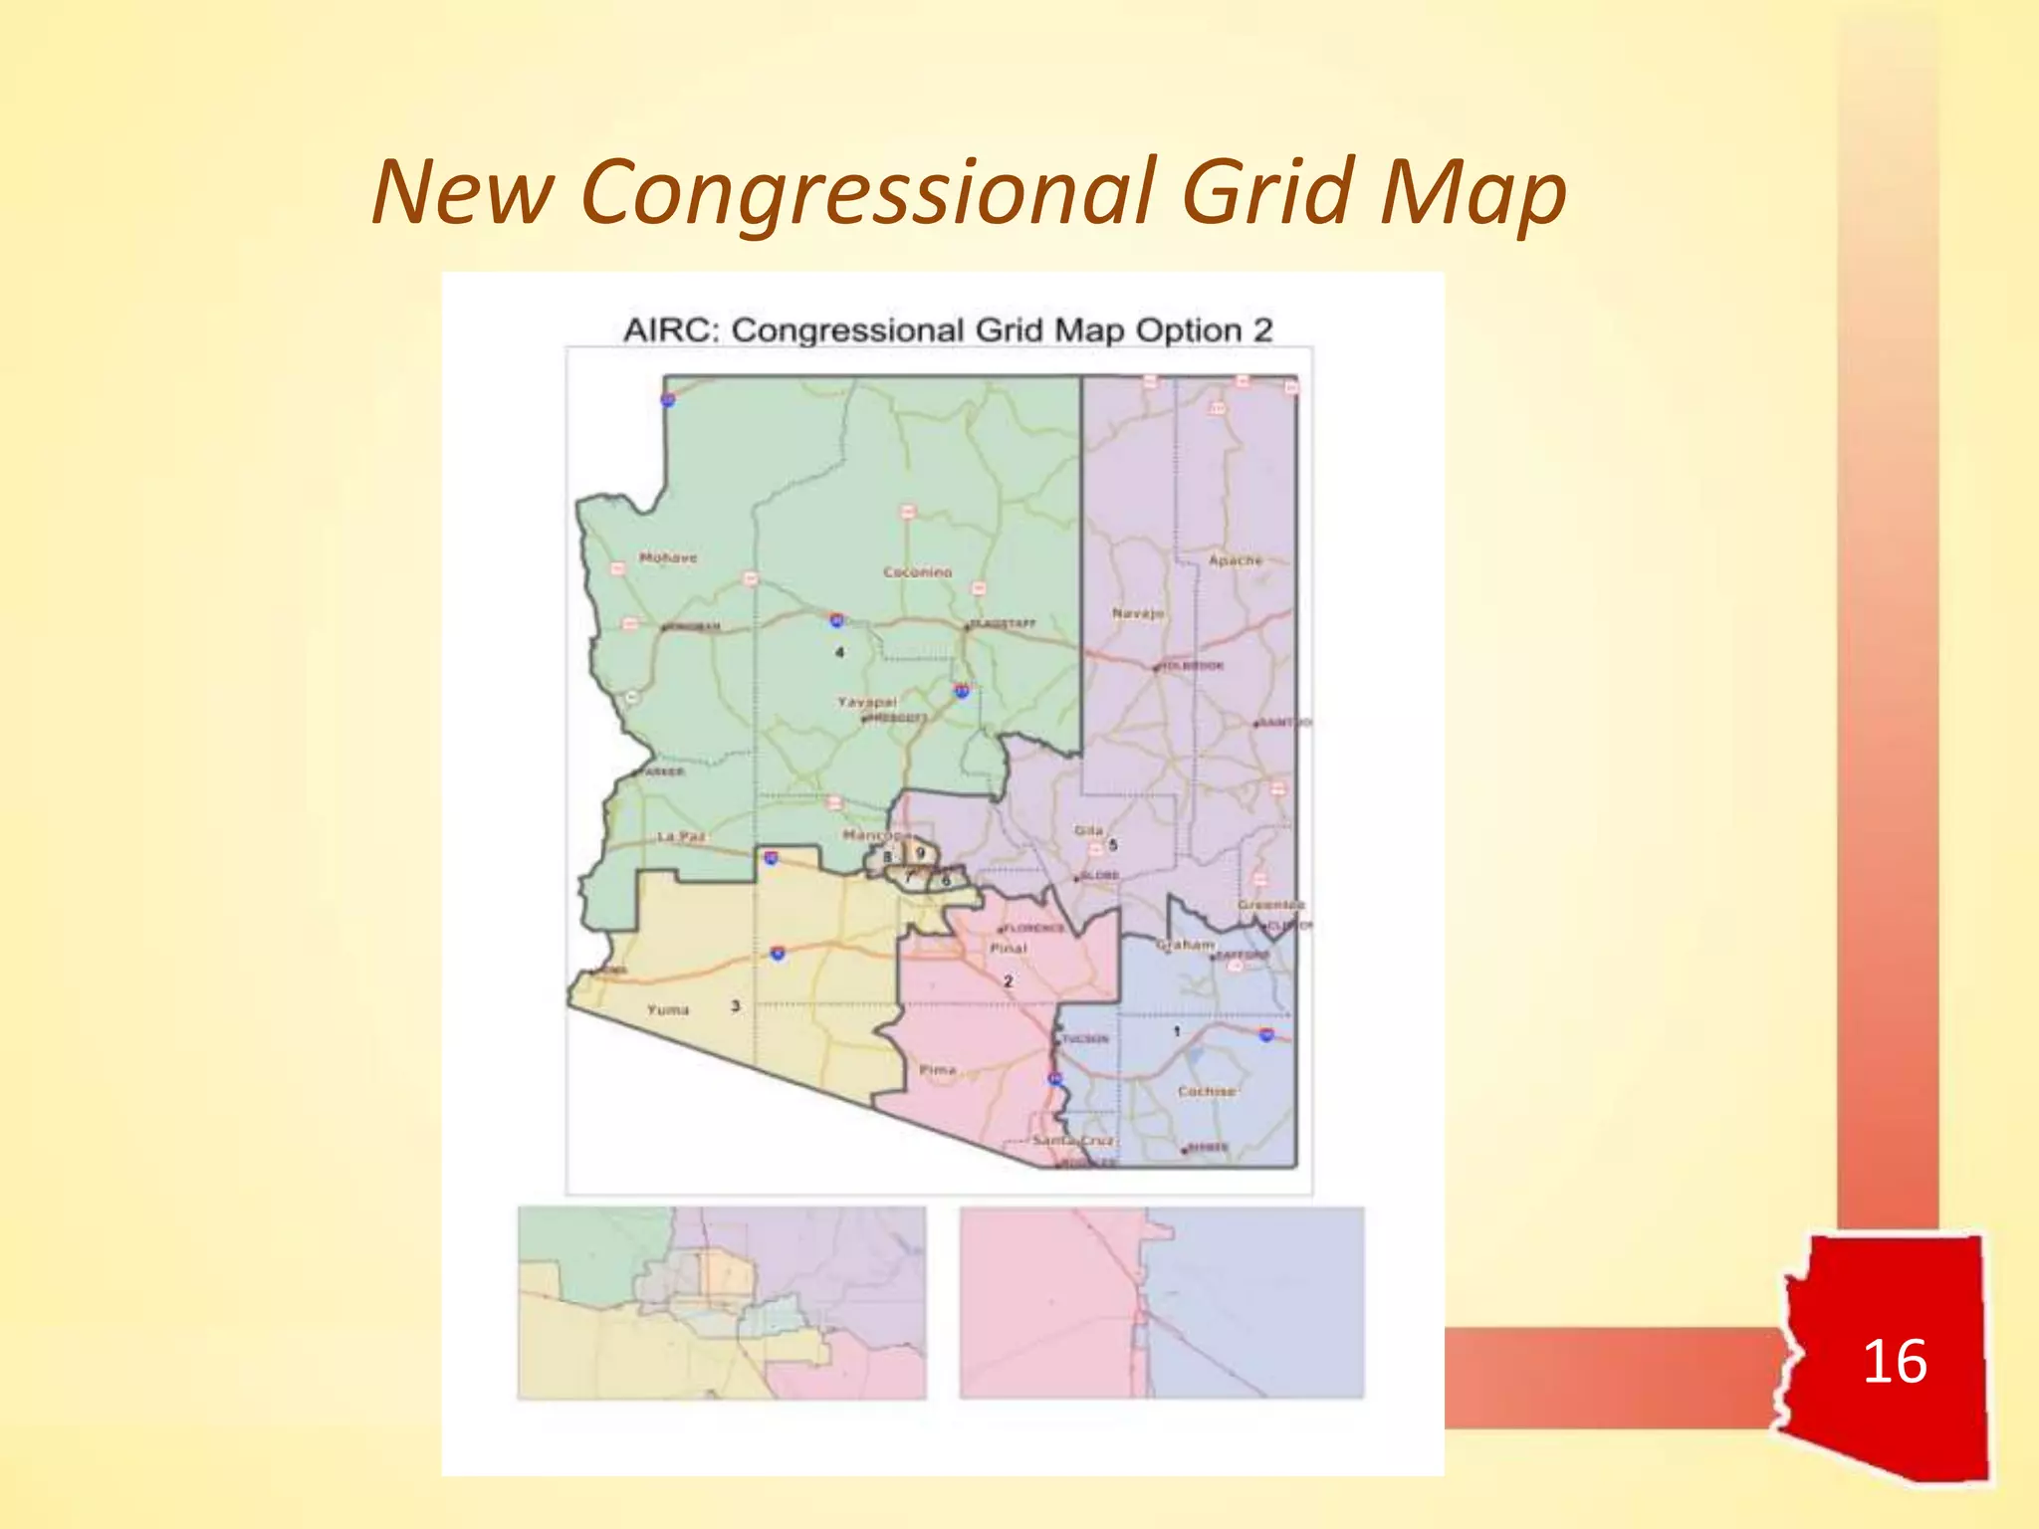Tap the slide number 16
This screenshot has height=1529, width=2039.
tap(1894, 1361)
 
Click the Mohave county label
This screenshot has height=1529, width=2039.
tap(668, 558)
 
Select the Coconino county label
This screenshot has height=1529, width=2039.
tap(917, 572)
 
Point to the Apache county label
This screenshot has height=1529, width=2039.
tap(1235, 560)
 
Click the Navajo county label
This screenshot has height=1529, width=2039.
tap(1138, 613)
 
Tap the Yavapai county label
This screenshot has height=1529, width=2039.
tap(866, 702)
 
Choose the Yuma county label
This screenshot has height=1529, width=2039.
tap(667, 1009)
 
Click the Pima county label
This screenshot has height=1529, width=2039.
tap(937, 1070)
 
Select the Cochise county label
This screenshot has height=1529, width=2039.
tap(1206, 1091)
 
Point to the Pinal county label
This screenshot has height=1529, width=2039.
tap(1008, 949)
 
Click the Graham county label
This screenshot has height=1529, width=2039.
tap(1185, 944)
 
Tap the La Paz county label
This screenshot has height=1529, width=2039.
tap(681, 836)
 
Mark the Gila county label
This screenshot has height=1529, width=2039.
tap(1088, 830)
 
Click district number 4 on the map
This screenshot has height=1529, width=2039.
tap(839, 652)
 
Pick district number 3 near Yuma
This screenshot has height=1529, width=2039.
tap(735, 1005)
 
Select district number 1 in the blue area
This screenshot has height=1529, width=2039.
tap(1176, 1031)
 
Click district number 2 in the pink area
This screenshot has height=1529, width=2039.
tap(1008, 981)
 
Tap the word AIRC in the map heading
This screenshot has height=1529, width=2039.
tap(671, 330)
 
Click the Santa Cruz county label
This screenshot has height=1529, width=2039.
tap(1073, 1140)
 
